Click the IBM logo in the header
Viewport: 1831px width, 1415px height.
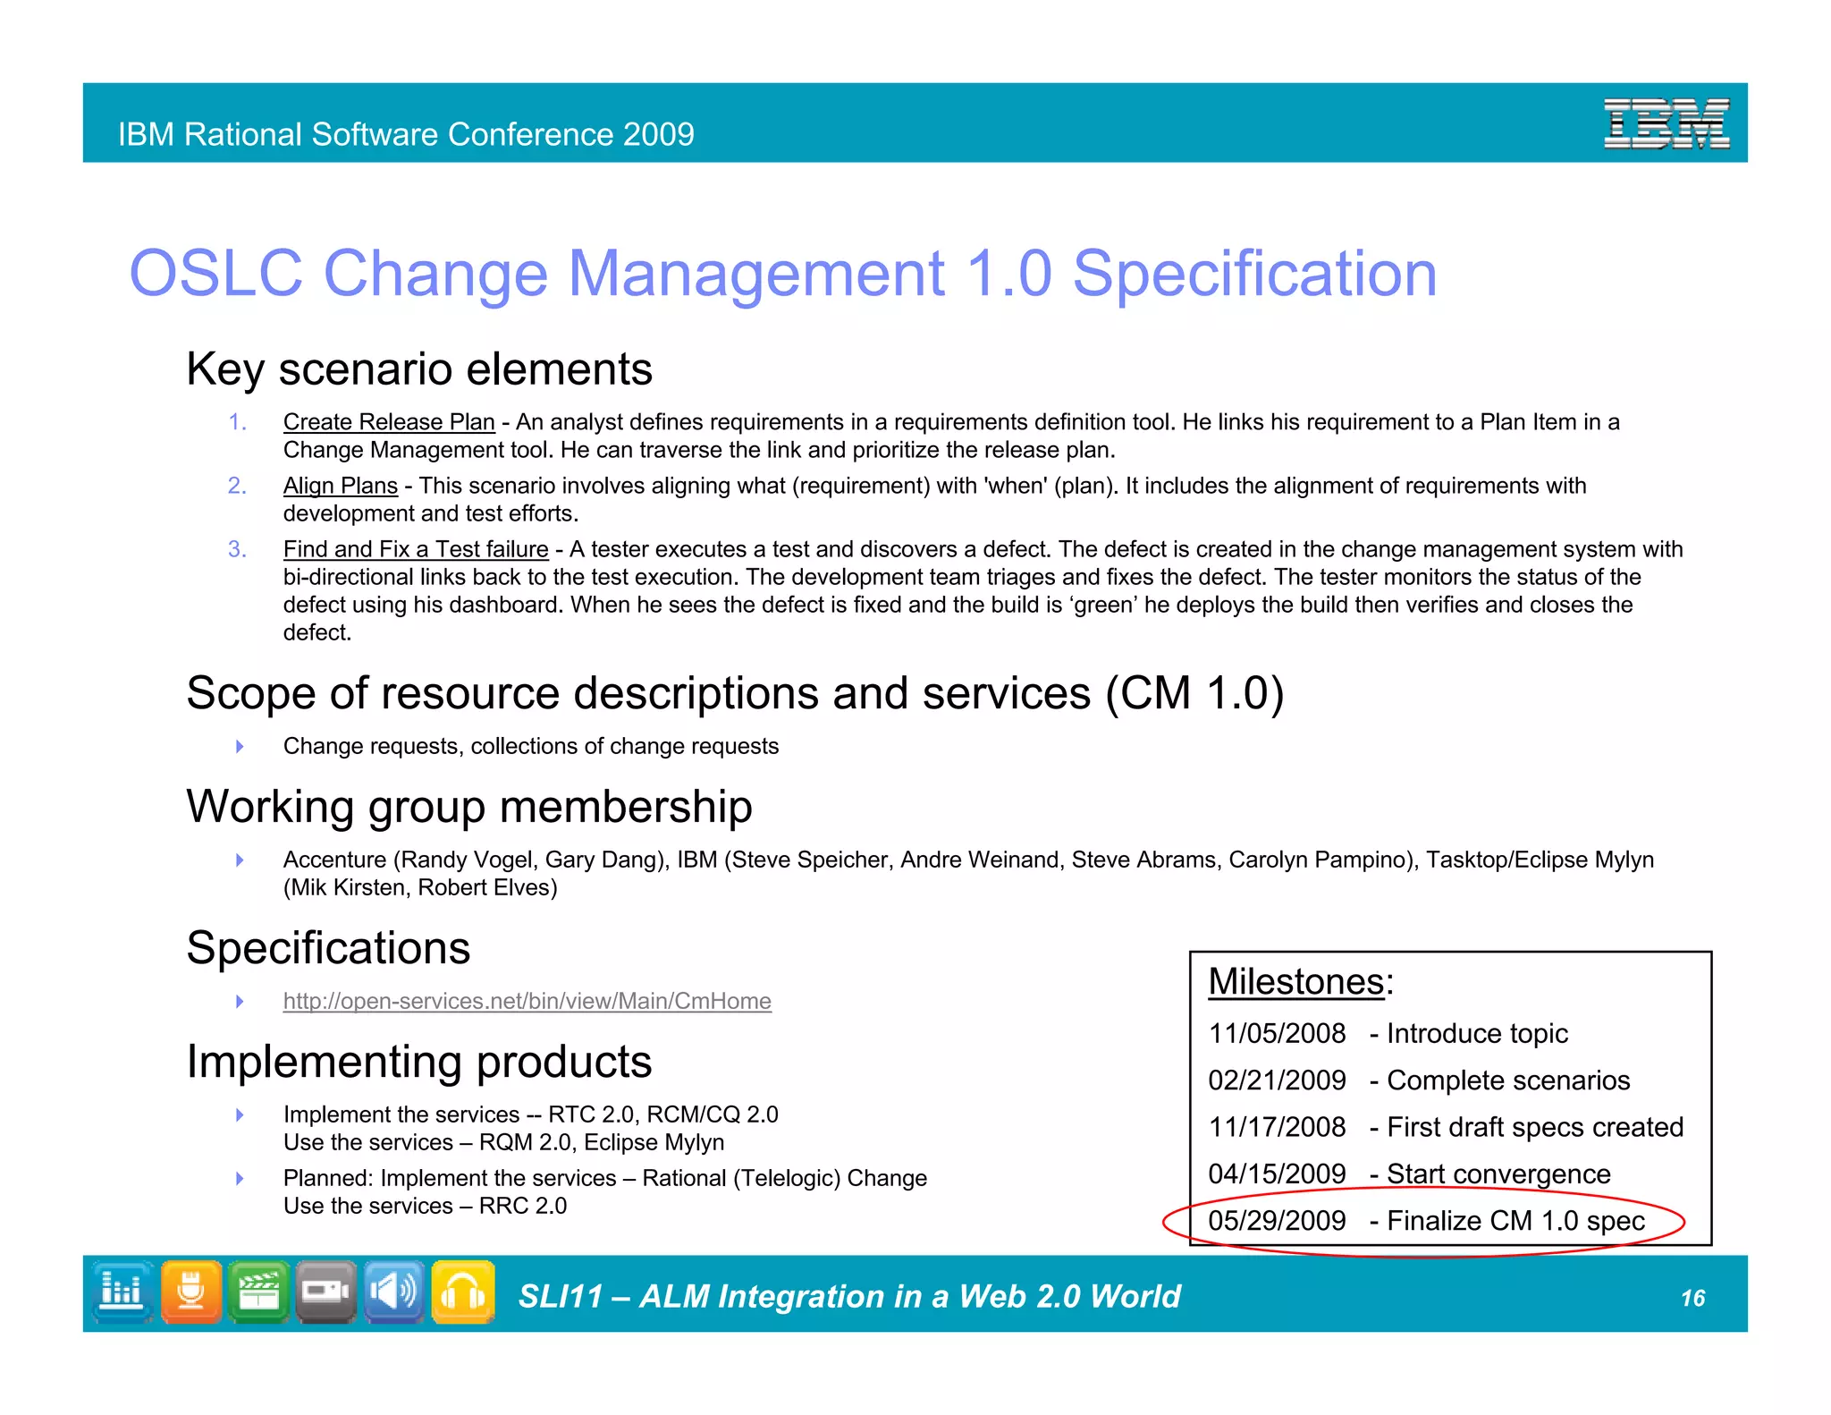[1666, 123]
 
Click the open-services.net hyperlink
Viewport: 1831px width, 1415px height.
[527, 1001]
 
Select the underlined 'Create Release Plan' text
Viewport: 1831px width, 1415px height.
[389, 422]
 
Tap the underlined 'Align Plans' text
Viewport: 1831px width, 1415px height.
[340, 486]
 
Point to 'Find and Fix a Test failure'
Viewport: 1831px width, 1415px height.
[416, 549]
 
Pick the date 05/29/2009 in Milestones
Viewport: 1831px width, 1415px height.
[1277, 1221]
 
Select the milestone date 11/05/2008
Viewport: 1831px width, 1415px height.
[1277, 1034]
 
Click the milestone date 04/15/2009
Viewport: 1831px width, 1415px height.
[1277, 1174]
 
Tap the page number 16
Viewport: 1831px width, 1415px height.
[1692, 1298]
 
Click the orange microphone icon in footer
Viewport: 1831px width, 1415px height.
[191, 1292]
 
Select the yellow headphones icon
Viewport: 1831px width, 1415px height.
[463, 1292]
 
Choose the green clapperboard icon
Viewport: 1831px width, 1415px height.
[258, 1292]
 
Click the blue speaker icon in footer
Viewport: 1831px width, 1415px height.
[394, 1292]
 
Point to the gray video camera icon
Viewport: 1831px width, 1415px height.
[326, 1292]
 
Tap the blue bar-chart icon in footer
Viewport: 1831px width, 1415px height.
[122, 1292]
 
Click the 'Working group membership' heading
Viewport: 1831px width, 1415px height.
[469, 807]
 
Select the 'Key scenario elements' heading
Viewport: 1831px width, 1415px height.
[419, 369]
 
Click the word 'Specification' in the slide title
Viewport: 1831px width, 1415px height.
[1254, 274]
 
